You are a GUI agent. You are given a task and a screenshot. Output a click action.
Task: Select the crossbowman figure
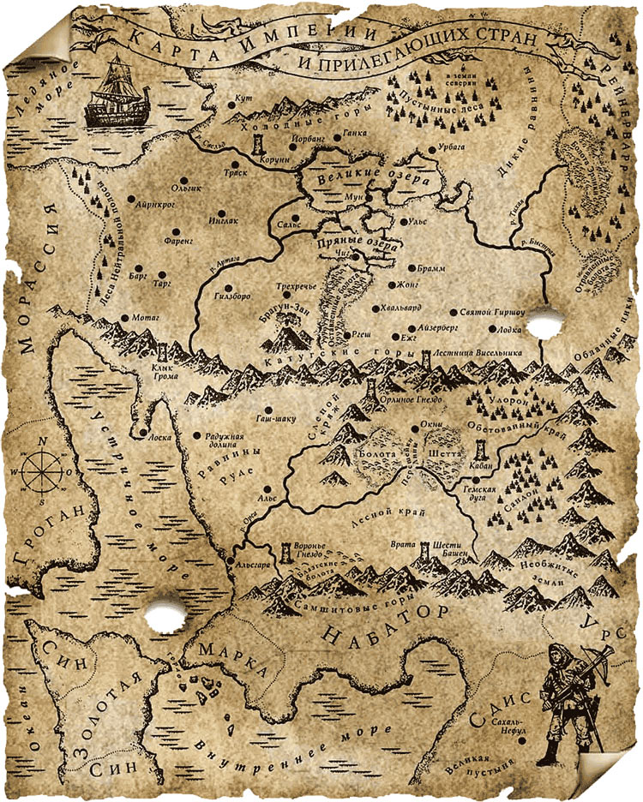pos(570,704)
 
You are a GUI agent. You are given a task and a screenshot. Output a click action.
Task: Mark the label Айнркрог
pos(154,206)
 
